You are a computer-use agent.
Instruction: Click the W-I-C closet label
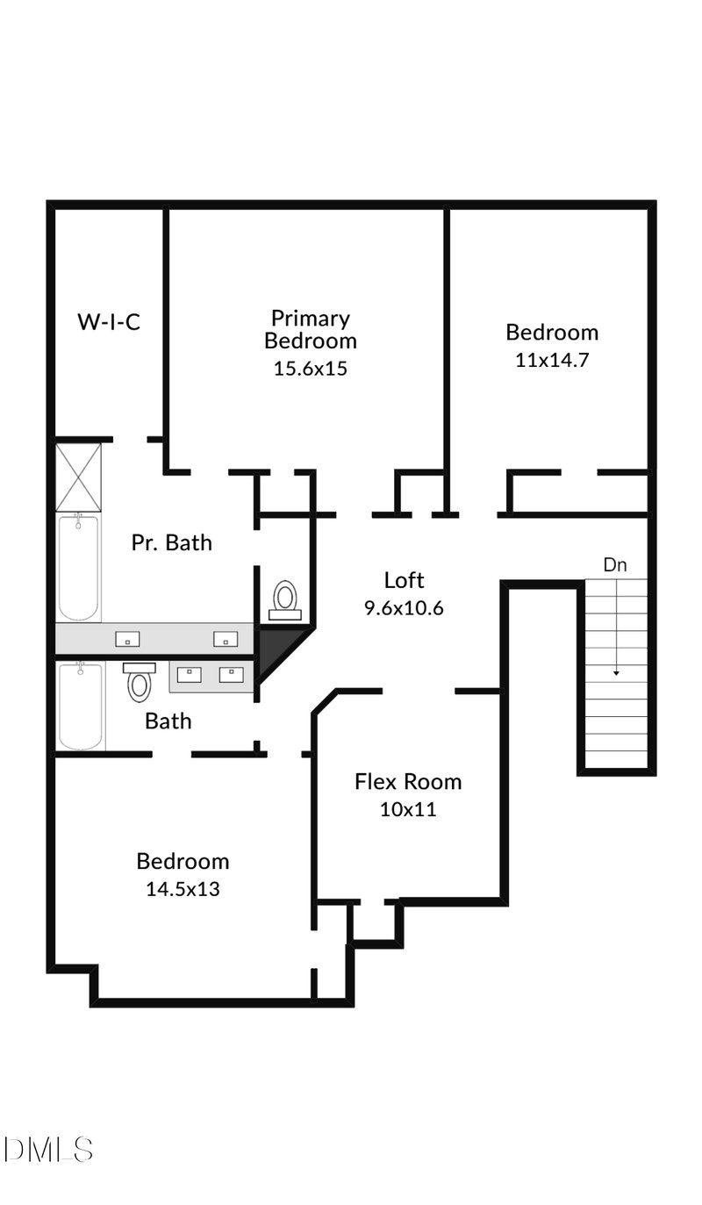(x=109, y=322)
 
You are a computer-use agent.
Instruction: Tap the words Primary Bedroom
(x=310, y=329)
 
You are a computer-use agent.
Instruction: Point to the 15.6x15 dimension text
(x=310, y=369)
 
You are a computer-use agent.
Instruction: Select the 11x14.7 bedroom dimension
(x=551, y=360)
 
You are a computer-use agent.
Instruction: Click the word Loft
(x=404, y=580)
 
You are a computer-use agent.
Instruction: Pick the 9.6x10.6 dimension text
(x=404, y=607)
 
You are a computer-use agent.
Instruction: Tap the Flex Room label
(x=407, y=781)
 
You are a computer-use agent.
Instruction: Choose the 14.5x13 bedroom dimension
(x=183, y=889)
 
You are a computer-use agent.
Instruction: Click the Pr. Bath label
(x=171, y=542)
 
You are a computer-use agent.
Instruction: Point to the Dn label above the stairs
(x=615, y=565)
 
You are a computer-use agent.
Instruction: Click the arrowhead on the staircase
(x=616, y=672)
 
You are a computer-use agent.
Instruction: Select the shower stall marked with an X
(x=79, y=477)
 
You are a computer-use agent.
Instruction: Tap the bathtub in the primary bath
(x=79, y=568)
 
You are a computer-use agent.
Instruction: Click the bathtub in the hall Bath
(x=81, y=706)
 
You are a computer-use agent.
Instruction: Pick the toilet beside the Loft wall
(x=284, y=599)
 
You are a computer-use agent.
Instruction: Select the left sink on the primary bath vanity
(x=127, y=638)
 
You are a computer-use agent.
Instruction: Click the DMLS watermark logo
(x=48, y=1149)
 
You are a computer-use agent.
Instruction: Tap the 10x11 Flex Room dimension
(x=407, y=809)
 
